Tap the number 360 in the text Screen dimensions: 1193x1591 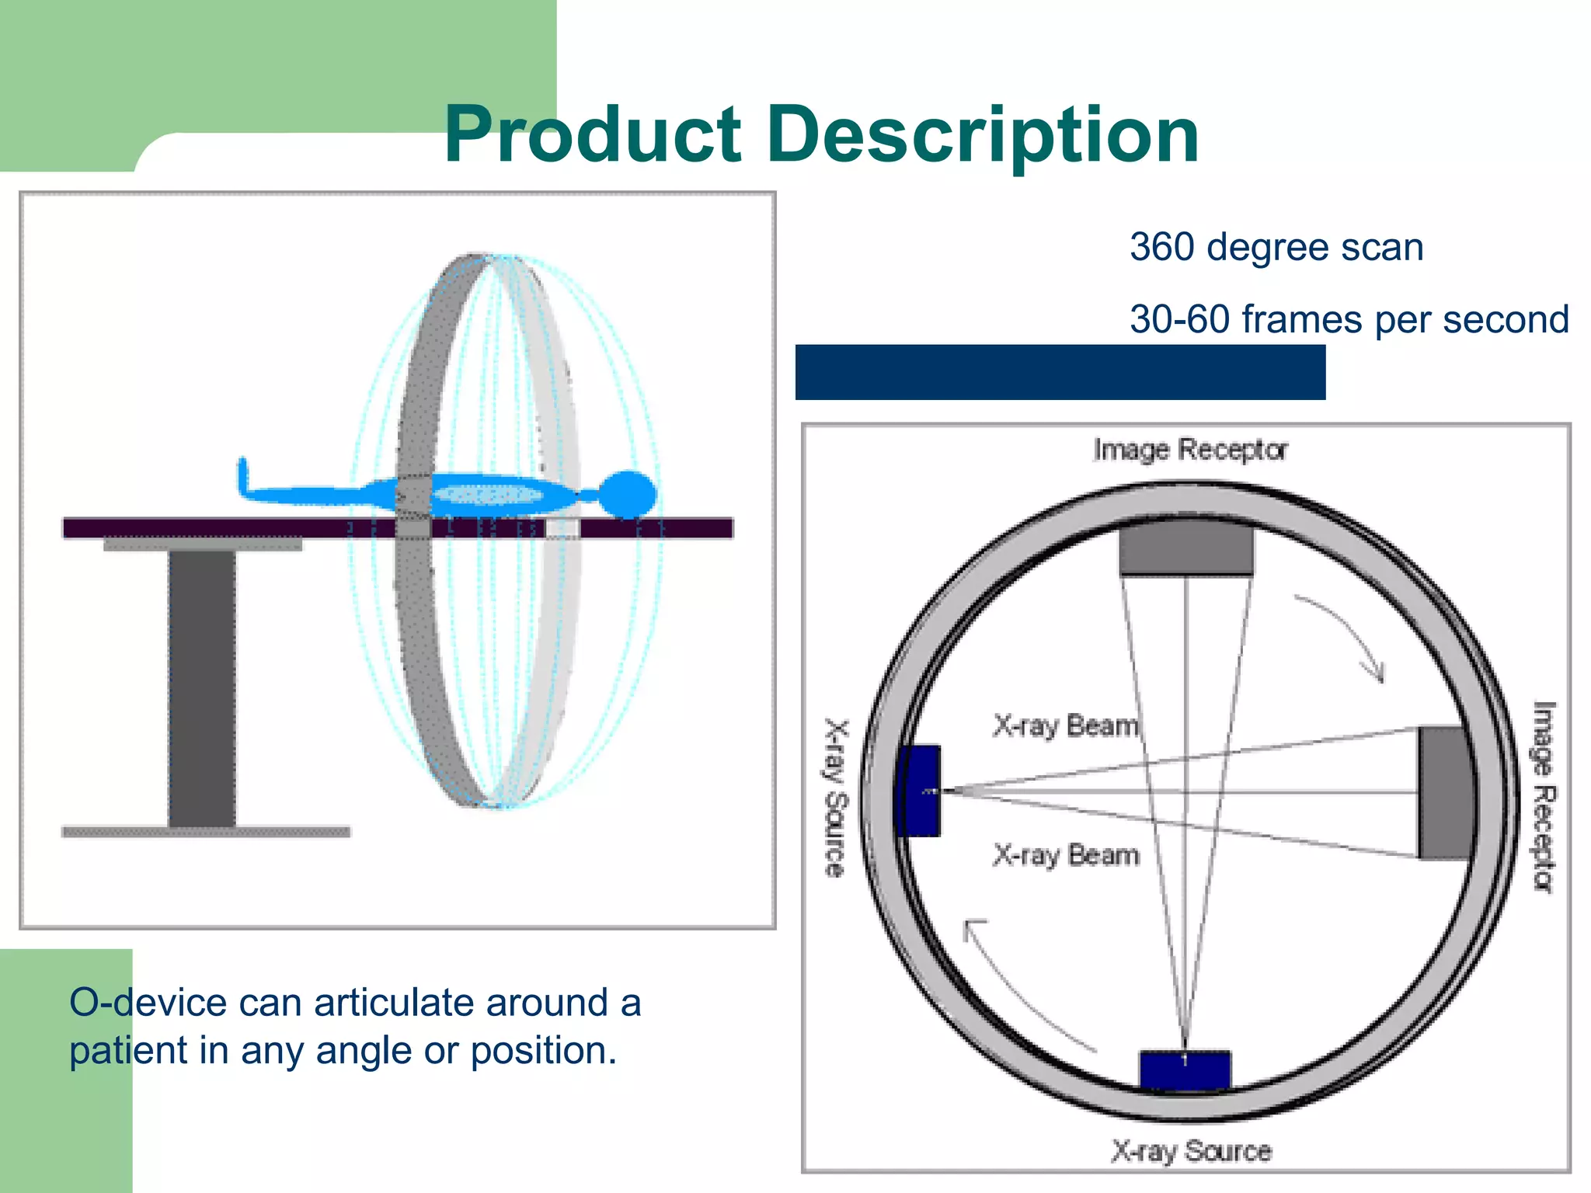pyautogui.click(x=1161, y=248)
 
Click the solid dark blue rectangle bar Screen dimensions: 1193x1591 pyautogui.click(x=1060, y=373)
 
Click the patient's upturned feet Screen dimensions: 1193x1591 pyautogui.click(x=244, y=476)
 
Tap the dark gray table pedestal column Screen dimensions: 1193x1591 pyautogui.click(x=202, y=687)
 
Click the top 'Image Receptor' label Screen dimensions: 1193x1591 pyautogui.click(x=1190, y=450)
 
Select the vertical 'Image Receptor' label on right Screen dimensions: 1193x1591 pyautogui.click(x=1544, y=797)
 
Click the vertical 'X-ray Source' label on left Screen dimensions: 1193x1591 pyautogui.click(x=835, y=798)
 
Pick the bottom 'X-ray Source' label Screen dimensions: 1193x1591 pyautogui.click(x=1191, y=1150)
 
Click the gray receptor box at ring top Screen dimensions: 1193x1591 pyautogui.click(x=1186, y=548)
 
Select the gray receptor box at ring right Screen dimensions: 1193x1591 pyautogui.click(x=1445, y=792)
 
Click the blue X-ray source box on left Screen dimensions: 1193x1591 pyautogui.click(x=919, y=791)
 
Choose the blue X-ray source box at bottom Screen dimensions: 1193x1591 pyautogui.click(x=1185, y=1070)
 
